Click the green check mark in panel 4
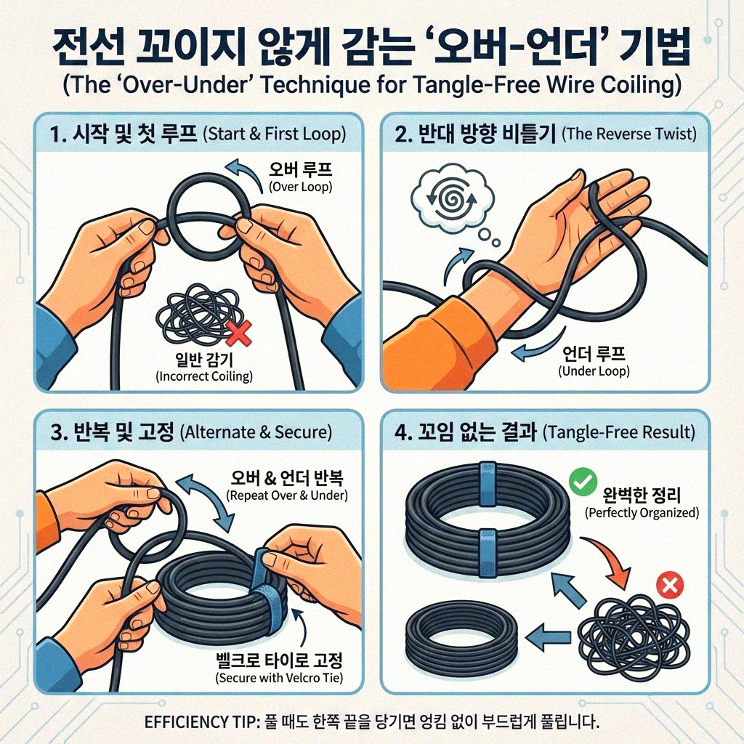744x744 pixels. (x=582, y=481)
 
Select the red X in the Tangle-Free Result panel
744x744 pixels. (x=666, y=584)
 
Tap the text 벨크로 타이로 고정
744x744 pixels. (x=279, y=662)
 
